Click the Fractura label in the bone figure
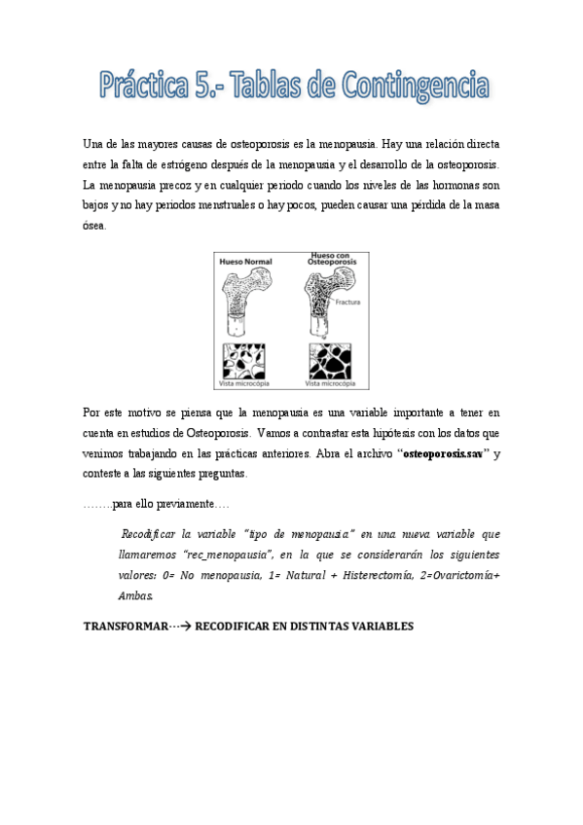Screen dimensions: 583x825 [x=346, y=303]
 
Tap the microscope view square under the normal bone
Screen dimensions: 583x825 [x=244, y=361]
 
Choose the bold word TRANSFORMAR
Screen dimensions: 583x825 [x=126, y=626]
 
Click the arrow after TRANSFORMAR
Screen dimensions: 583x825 [x=181, y=626]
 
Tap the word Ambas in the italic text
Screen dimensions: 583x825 [x=134, y=594]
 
